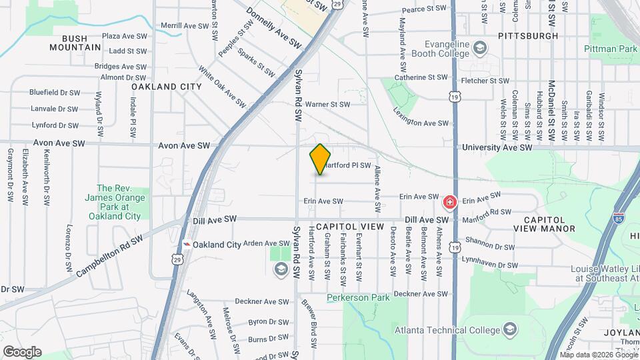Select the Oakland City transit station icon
(189, 245)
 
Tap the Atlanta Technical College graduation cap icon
(510, 330)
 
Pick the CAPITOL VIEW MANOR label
(544, 224)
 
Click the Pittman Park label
(609, 49)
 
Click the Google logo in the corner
(22, 351)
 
